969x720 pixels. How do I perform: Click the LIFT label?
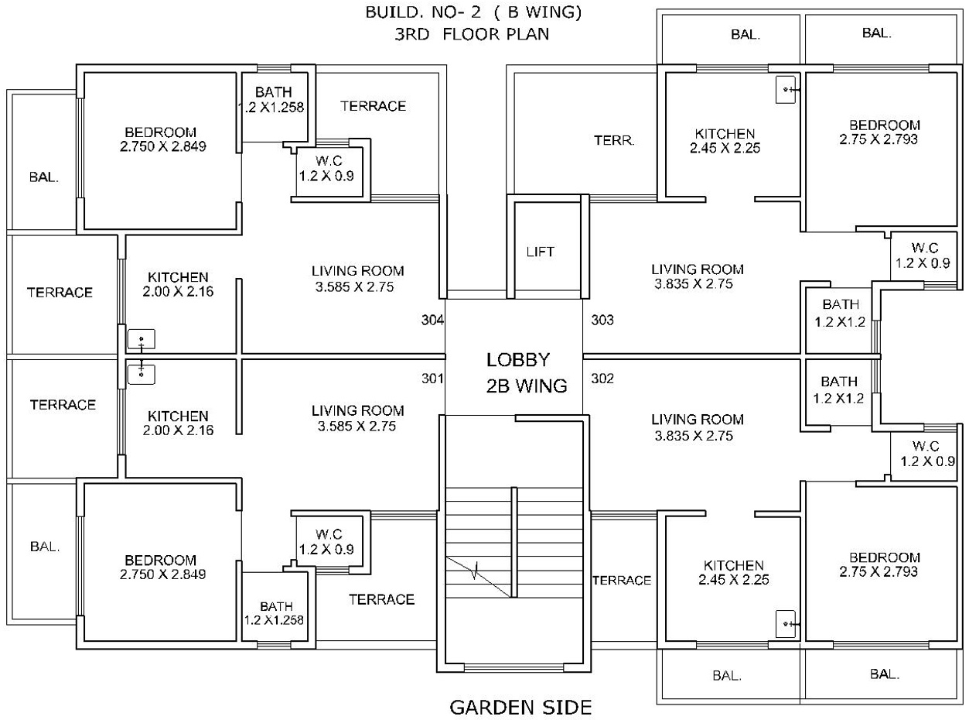[540, 252]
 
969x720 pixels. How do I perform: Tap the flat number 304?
[432, 321]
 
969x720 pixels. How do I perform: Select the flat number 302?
[602, 379]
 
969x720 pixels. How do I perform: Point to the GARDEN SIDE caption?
[520, 708]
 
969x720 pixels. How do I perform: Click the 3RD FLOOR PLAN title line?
[472, 34]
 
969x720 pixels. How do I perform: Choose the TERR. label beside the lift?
[614, 140]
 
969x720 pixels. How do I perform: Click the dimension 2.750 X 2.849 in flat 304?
[163, 146]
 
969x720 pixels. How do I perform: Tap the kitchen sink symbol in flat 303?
[786, 90]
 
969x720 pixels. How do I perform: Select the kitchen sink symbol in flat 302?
[786, 623]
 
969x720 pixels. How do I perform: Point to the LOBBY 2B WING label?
[527, 372]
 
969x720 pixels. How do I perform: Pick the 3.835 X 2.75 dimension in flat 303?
[694, 284]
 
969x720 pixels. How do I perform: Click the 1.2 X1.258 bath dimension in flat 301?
[274, 620]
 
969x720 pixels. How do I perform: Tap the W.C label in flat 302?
[926, 446]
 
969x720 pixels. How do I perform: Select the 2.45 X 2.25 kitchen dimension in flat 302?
[734, 580]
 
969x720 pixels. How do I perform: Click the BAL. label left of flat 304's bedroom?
[43, 177]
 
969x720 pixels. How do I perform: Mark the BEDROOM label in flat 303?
[885, 125]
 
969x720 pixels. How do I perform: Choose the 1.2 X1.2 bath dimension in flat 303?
[840, 322]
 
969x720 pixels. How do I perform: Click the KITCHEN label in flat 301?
[178, 416]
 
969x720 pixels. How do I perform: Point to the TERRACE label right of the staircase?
[622, 581]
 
